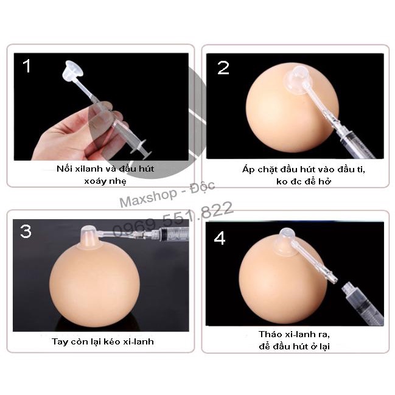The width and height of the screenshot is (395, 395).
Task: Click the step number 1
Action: coord(26,66)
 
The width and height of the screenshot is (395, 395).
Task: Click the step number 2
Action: coord(223,68)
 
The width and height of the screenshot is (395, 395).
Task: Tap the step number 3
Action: coord(26,231)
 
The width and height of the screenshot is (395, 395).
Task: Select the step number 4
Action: coord(220,238)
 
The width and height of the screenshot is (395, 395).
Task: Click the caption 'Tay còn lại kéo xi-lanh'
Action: coord(102,341)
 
